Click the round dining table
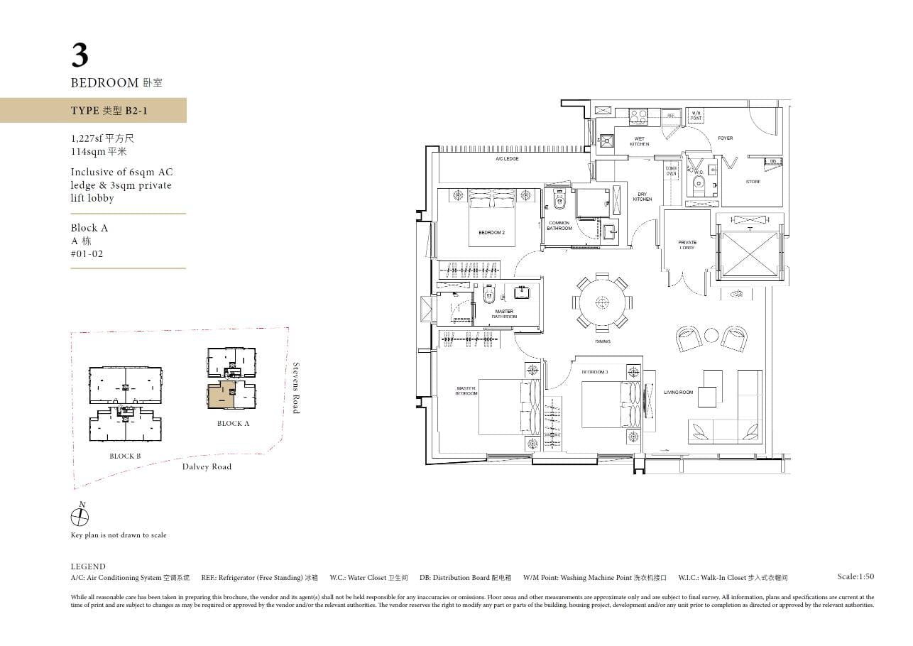click(602, 302)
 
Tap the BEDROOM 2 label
click(491, 233)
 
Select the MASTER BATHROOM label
click(504, 314)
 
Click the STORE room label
click(753, 182)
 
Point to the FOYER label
click(725, 138)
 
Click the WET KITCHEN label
click(639, 141)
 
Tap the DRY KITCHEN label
click(642, 197)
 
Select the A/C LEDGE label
click(507, 159)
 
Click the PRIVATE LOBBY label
click(687, 245)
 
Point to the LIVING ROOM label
click(678, 393)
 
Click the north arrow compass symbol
click(80, 517)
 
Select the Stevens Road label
click(297, 388)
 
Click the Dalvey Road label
click(207, 466)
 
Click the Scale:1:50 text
click(855, 576)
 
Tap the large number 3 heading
click(80, 55)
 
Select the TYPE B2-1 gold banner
click(93, 111)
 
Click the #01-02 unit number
click(87, 253)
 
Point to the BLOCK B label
click(125, 456)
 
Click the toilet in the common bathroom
click(558, 201)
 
